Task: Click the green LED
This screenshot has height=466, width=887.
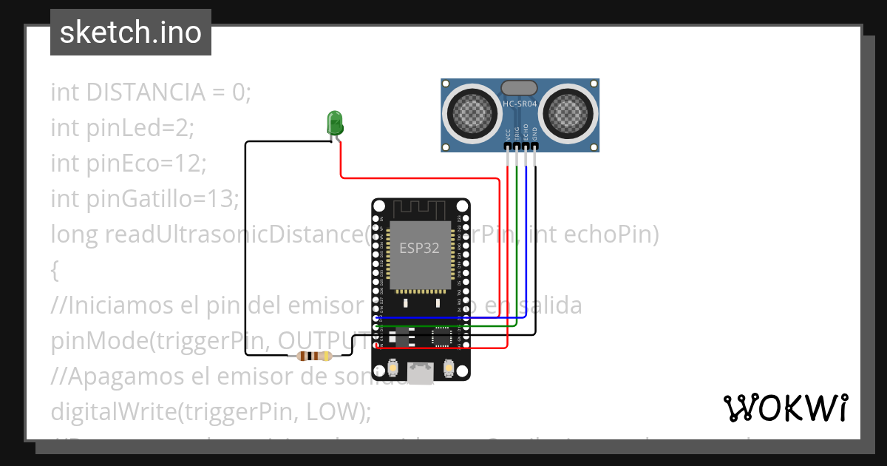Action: (x=335, y=122)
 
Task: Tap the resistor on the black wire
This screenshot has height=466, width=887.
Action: (x=314, y=356)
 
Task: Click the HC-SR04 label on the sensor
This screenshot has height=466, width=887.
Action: (x=520, y=105)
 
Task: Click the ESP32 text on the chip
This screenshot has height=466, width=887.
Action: (x=419, y=249)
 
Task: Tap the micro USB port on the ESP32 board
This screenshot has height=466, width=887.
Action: (x=421, y=373)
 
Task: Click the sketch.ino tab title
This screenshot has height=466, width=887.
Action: (x=130, y=33)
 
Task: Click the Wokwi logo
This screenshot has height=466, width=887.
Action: (x=785, y=408)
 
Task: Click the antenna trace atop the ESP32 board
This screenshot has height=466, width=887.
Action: (x=420, y=209)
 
